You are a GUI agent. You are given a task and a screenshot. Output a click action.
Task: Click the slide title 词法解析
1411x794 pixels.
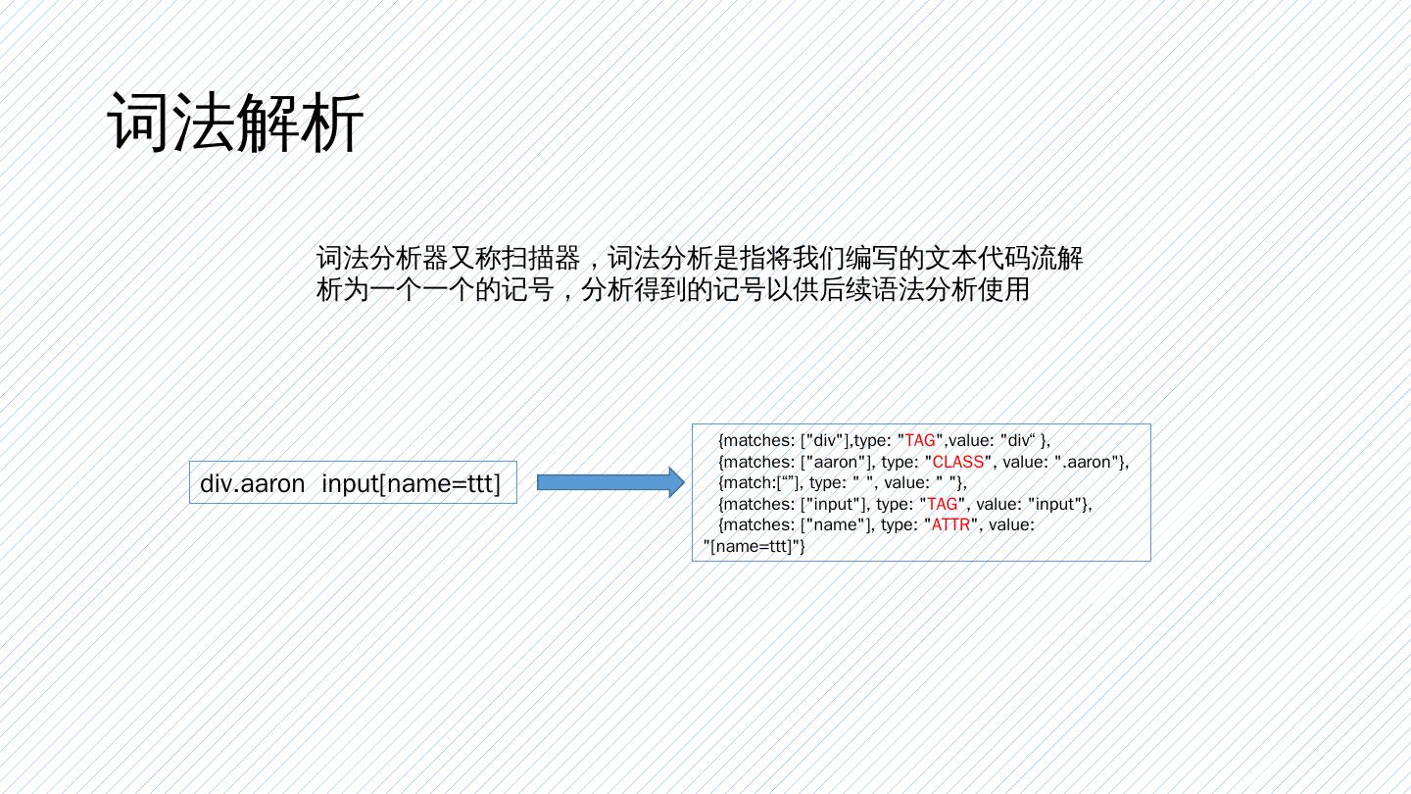(x=235, y=124)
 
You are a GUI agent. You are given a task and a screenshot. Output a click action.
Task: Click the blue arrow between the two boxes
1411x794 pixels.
(x=609, y=481)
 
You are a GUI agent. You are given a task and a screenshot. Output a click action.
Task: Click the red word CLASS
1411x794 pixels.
(x=958, y=462)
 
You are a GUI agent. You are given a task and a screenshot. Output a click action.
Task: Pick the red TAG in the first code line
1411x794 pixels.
(x=920, y=441)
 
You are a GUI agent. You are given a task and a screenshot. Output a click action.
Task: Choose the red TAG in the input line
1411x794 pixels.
(x=948, y=504)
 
